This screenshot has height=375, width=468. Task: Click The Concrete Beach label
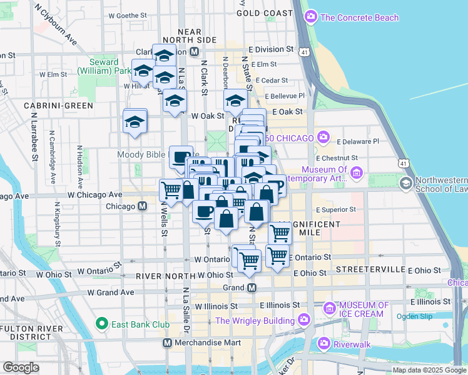(x=359, y=17)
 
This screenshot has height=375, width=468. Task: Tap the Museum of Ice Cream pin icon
(x=330, y=308)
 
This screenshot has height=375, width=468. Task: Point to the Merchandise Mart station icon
(x=167, y=343)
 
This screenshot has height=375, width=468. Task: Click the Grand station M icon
(x=252, y=287)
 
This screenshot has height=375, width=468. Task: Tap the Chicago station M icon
(x=143, y=206)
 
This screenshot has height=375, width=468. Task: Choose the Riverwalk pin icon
(x=324, y=343)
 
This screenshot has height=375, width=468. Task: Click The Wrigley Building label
(x=255, y=321)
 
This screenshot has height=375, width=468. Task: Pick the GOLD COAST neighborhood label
(x=265, y=13)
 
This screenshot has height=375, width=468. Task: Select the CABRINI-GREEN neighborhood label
(x=49, y=106)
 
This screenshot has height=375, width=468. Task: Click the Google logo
(x=21, y=367)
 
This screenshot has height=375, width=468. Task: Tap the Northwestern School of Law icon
(x=406, y=182)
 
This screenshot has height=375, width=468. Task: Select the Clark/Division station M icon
(x=195, y=52)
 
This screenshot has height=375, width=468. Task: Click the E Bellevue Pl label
(x=285, y=96)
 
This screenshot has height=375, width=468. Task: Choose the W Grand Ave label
(x=111, y=292)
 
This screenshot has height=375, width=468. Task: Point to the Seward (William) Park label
(x=98, y=67)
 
